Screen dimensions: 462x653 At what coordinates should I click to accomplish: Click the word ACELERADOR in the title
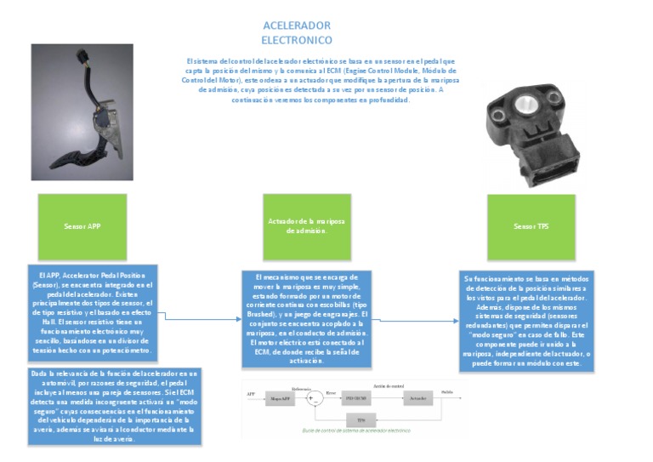(x=297, y=26)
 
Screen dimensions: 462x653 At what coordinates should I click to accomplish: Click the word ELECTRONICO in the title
(x=297, y=40)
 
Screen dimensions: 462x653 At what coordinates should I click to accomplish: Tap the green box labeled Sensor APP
(x=82, y=227)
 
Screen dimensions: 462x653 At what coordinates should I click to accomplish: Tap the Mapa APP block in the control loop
(x=281, y=397)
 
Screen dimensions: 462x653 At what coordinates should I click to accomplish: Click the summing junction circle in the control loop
(x=315, y=397)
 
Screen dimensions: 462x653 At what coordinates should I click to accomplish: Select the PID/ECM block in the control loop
(x=356, y=397)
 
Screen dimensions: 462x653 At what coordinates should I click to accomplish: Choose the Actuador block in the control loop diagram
(x=417, y=397)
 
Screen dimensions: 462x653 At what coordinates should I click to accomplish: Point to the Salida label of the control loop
(x=448, y=391)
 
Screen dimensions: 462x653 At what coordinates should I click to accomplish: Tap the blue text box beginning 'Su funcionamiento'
(x=529, y=320)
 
